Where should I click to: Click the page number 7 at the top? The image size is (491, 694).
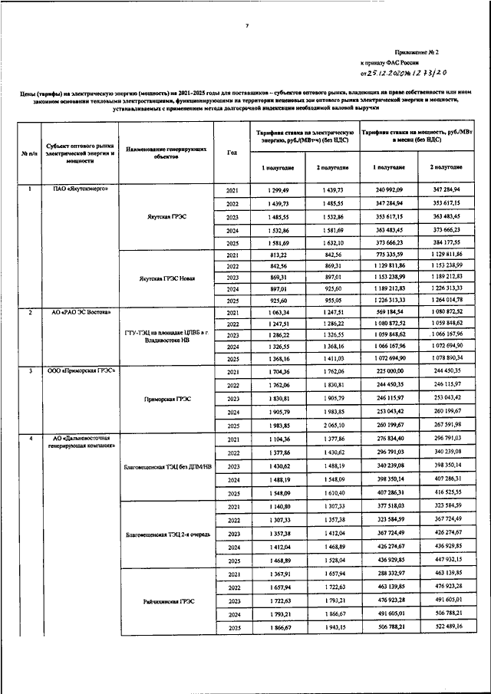coord(247,26)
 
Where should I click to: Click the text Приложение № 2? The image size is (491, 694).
coord(416,53)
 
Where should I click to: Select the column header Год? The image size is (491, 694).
coord(232,151)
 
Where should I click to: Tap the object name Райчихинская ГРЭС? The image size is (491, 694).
coord(168,601)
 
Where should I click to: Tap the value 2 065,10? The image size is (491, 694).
coord(332,424)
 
